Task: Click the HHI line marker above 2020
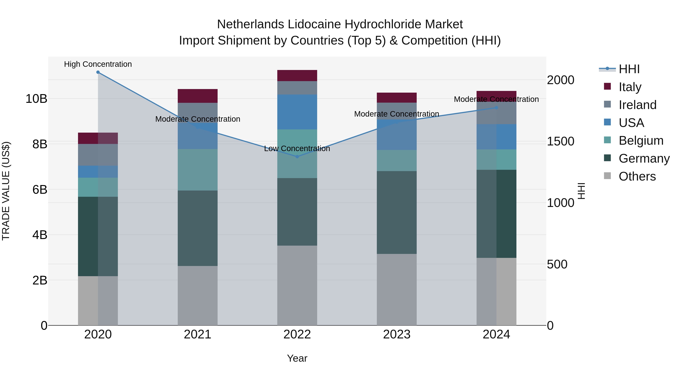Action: pyautogui.click(x=98, y=72)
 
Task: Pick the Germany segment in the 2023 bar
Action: pyautogui.click(x=396, y=212)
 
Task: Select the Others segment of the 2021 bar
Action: pyautogui.click(x=197, y=295)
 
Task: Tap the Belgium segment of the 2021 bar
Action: pyautogui.click(x=197, y=170)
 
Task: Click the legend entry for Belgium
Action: pyautogui.click(x=641, y=141)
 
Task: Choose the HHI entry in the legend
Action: pyautogui.click(x=629, y=69)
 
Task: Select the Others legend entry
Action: pyautogui.click(x=637, y=176)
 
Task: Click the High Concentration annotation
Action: pyautogui.click(x=98, y=64)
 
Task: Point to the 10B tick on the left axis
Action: pyautogui.click(x=36, y=99)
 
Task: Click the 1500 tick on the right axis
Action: pyautogui.click(x=560, y=141)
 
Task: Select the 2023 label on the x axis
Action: pyautogui.click(x=396, y=334)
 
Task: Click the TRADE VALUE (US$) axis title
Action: pyautogui.click(x=6, y=191)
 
